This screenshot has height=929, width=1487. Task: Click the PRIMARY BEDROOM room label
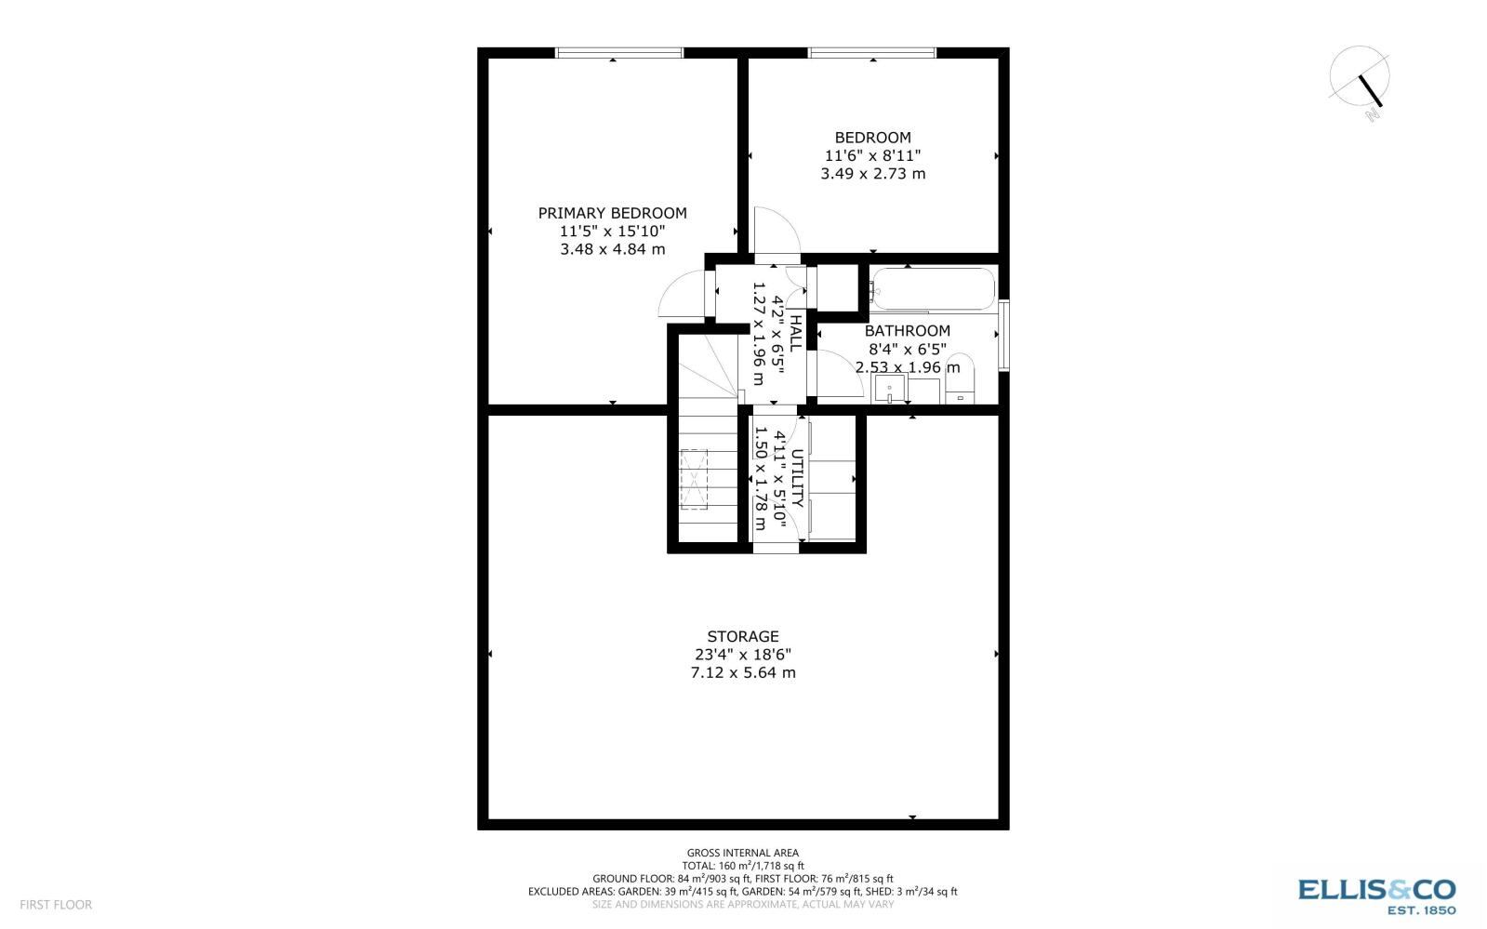pyautogui.click(x=612, y=213)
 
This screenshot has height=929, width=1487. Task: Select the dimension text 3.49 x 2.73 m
pyautogui.click(x=872, y=174)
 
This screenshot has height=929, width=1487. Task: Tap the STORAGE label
pyautogui.click(x=742, y=636)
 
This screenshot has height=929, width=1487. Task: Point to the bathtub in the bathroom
pyautogui.click(x=933, y=289)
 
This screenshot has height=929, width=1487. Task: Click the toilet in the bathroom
pyautogui.click(x=960, y=378)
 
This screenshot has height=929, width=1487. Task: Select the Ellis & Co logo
pyautogui.click(x=1376, y=894)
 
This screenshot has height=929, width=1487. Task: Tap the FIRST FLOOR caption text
pyautogui.click(x=56, y=904)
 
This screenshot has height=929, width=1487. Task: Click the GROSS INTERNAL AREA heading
pyautogui.click(x=742, y=853)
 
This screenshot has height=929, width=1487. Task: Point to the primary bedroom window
pyautogui.click(x=618, y=53)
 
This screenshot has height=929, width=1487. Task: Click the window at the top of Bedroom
pyautogui.click(x=871, y=53)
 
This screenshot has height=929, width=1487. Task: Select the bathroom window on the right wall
pyautogui.click(x=1003, y=335)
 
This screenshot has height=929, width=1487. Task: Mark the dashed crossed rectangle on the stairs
pyautogui.click(x=694, y=480)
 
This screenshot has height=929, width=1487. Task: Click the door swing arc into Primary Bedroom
pyautogui.click(x=679, y=296)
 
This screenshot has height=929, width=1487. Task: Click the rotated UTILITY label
pyautogui.click(x=797, y=478)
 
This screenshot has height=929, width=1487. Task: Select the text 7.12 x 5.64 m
pyautogui.click(x=742, y=672)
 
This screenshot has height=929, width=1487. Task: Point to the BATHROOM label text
pyautogui.click(x=907, y=331)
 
